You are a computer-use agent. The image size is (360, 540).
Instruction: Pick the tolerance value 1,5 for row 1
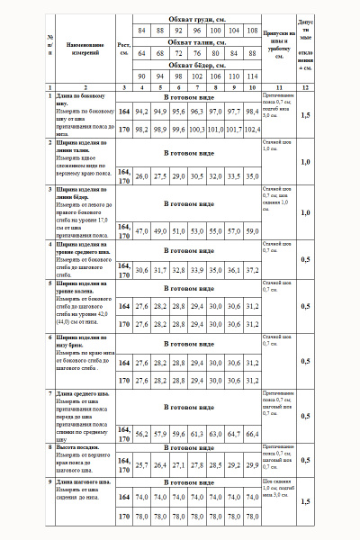[x=305, y=116]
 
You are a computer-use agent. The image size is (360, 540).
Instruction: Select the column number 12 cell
[x=305, y=87]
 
